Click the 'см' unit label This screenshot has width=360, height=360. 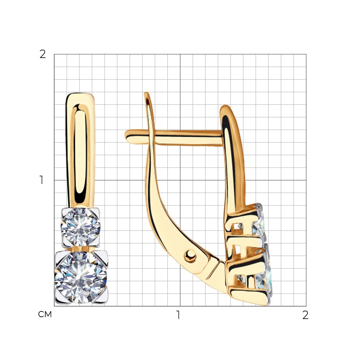click(x=45, y=314)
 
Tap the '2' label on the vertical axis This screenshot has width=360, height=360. click(x=43, y=54)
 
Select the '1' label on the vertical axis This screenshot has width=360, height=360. click(x=41, y=180)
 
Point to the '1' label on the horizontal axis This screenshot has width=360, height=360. click(x=178, y=315)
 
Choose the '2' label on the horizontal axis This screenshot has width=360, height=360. click(x=305, y=315)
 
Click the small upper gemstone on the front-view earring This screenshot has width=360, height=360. click(x=81, y=227)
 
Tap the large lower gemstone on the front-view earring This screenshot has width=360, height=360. click(x=81, y=277)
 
